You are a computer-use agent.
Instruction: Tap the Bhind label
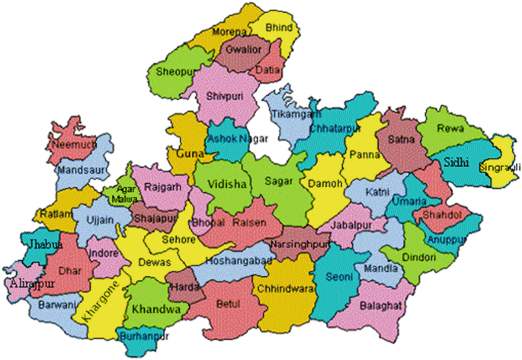(x=280, y=27)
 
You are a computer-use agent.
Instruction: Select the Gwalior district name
(x=242, y=50)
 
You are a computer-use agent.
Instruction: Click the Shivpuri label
(x=223, y=97)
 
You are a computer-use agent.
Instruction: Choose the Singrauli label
(x=499, y=167)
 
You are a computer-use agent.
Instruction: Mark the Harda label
(x=184, y=288)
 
